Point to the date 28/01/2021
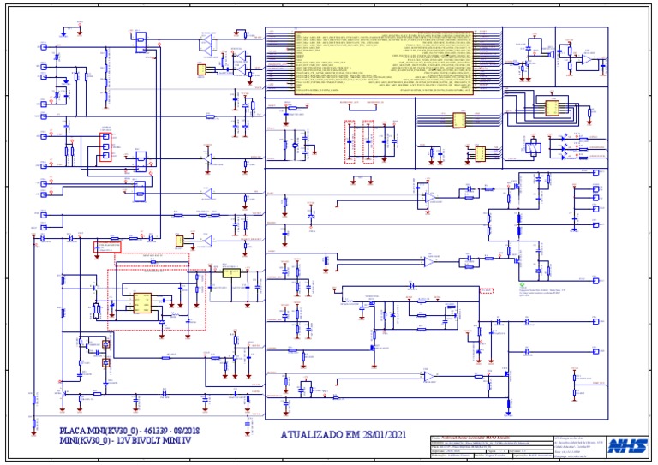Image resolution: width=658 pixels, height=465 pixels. coord(384,435)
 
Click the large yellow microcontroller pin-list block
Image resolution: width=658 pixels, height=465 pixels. coord(383,61)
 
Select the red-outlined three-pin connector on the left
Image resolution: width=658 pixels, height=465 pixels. coord(106,146)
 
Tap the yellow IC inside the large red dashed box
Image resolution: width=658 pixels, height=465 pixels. coord(142,304)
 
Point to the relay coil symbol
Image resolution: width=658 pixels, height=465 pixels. coord(533,146)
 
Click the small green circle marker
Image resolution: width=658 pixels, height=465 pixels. coord(522,282)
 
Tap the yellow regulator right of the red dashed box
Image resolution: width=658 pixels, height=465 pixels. coord(230,273)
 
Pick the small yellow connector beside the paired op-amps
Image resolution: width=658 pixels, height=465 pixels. coord(201,69)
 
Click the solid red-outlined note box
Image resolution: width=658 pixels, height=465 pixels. coord(107,247)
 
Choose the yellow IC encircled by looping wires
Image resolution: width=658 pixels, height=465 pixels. coord(547,108)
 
